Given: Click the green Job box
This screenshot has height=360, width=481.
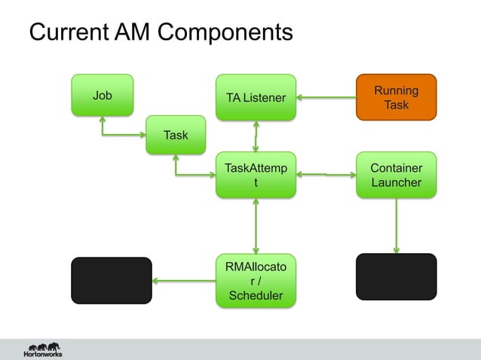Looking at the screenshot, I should [x=103, y=96].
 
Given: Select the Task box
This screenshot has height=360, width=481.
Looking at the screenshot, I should [x=176, y=136].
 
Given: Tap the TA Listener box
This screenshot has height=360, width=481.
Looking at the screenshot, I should [x=256, y=97].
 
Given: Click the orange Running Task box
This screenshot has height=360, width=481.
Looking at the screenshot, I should [x=396, y=97].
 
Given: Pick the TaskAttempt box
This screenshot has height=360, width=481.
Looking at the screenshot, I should [x=256, y=175].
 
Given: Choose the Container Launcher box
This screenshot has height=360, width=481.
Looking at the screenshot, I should [x=396, y=175].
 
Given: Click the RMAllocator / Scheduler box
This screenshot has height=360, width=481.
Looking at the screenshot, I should [x=256, y=280].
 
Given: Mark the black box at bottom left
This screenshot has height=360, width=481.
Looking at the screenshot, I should [x=111, y=279].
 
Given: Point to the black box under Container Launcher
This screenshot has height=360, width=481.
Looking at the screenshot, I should [x=396, y=276].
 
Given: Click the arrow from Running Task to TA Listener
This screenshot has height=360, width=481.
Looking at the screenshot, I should [x=326, y=97].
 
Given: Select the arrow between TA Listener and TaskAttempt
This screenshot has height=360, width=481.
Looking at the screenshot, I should [x=256, y=136].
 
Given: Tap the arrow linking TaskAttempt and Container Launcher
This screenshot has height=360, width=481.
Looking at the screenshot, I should [x=326, y=175].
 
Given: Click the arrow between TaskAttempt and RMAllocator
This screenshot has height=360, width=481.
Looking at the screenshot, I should [x=256, y=227].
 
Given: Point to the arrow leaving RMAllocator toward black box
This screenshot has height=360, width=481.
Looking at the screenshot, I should [x=184, y=281].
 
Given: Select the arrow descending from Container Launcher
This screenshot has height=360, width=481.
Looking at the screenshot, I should [x=396, y=226].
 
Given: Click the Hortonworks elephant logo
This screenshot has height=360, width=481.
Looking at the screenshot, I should [x=43, y=349].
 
